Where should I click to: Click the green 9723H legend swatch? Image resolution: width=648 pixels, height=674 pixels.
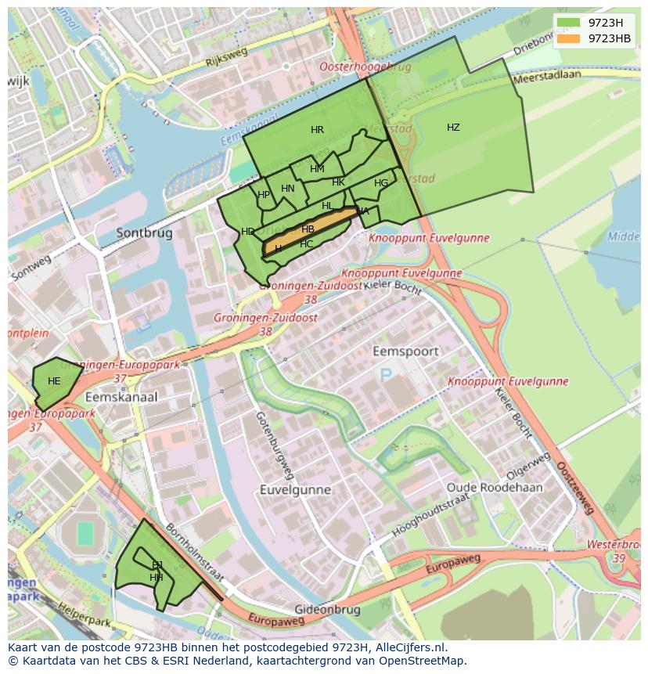tap(569, 23)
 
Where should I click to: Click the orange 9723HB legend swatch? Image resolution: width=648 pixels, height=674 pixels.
tap(569, 38)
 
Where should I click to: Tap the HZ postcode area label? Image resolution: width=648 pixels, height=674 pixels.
tap(453, 128)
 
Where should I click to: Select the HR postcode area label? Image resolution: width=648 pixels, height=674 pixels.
tap(317, 130)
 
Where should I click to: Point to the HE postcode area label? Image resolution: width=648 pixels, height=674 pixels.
tap(54, 381)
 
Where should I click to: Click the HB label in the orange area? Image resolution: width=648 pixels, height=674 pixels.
tap(308, 229)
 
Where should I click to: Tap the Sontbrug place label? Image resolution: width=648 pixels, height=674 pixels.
tap(143, 232)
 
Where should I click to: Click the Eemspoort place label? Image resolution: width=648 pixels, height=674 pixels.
tap(405, 351)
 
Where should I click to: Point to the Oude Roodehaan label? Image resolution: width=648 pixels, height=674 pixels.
tap(494, 487)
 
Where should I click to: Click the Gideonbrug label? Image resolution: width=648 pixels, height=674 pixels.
tap(327, 609)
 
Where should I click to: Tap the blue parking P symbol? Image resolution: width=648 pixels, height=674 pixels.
tap(386, 376)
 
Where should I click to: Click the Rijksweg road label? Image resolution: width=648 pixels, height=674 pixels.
tap(226, 56)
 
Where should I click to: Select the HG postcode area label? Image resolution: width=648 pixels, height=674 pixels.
tap(381, 183)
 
